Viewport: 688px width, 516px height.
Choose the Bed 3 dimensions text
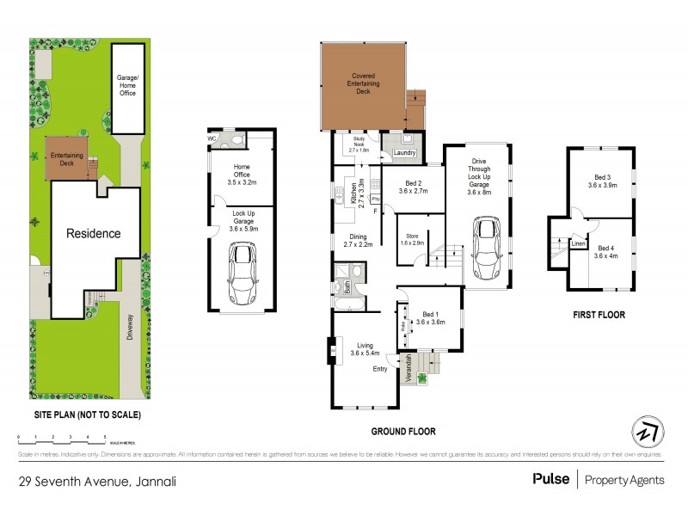click(x=602, y=185)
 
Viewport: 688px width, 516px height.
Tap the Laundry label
click(x=405, y=154)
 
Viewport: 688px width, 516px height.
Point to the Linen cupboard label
click(x=579, y=244)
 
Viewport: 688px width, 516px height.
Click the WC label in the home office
click(x=212, y=138)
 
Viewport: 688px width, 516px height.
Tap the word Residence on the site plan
click(x=93, y=233)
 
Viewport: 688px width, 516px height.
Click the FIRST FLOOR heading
click(x=599, y=315)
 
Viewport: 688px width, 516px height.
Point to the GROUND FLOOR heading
click(x=403, y=431)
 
